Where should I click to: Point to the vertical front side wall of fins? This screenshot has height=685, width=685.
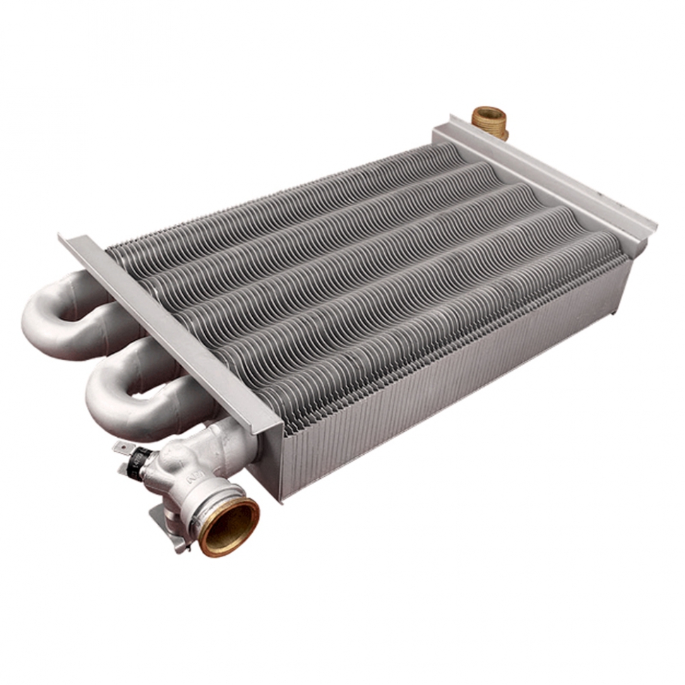452,381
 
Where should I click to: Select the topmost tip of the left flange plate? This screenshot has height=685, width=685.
64,237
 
